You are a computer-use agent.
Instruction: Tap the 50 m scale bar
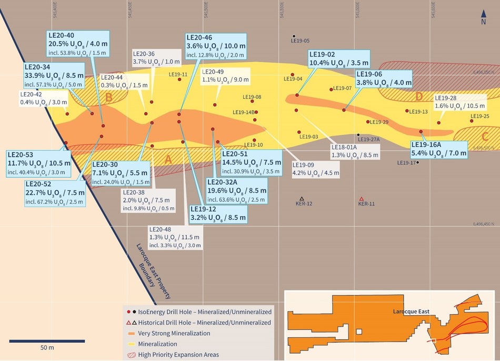tap(47, 340)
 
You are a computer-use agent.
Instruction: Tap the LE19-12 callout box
tap(218, 212)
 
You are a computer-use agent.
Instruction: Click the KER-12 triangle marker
tap(302, 198)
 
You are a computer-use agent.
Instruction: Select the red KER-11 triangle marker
tap(361, 198)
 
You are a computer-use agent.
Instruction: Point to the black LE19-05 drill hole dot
tap(294, 36)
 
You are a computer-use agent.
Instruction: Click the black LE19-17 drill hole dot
tap(417, 163)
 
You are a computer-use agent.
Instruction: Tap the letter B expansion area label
tap(109, 97)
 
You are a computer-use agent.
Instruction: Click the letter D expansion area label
tap(419, 96)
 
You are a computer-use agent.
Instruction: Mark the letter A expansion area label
tap(168, 158)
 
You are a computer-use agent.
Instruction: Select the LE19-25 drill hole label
tap(479, 116)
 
